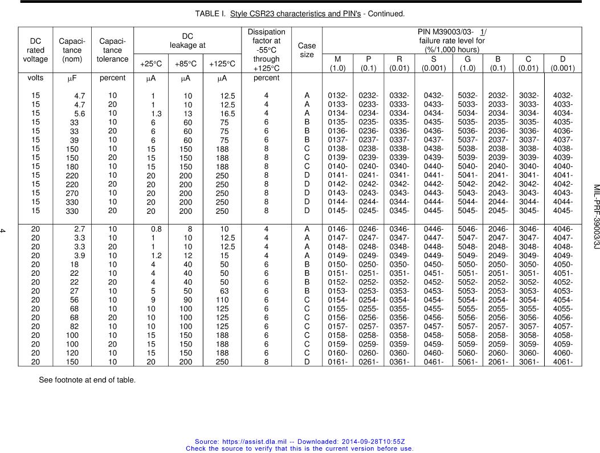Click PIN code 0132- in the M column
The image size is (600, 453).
(x=338, y=96)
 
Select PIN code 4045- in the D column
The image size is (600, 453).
(x=562, y=211)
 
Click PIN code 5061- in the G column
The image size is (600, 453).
(x=468, y=362)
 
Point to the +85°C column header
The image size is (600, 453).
(x=185, y=64)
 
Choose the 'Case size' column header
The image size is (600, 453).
(x=307, y=50)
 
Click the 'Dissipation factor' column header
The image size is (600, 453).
(x=266, y=50)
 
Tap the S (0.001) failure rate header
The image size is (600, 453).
(x=434, y=63)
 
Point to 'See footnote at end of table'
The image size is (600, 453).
(x=87, y=380)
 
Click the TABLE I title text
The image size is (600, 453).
(x=292, y=13)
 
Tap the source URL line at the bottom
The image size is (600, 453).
(x=300, y=442)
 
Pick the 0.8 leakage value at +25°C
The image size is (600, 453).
(x=156, y=229)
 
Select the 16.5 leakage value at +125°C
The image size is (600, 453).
(x=227, y=114)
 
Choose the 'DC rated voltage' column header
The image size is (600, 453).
(x=35, y=50)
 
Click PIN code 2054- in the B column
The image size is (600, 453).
(x=498, y=300)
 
